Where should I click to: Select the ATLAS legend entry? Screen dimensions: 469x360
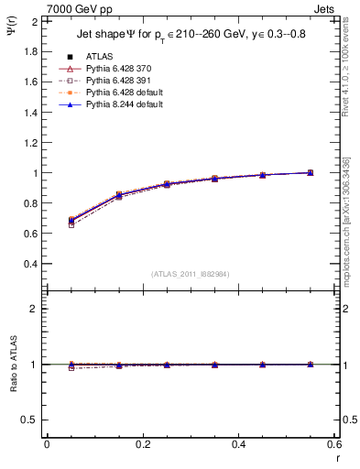(x=100, y=56)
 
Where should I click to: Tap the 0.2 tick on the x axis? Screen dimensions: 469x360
(x=142, y=444)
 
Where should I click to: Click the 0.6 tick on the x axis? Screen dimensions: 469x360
(x=333, y=444)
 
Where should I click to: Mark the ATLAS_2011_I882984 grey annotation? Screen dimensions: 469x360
(x=191, y=273)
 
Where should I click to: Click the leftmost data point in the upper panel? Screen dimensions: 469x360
(x=71, y=221)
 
